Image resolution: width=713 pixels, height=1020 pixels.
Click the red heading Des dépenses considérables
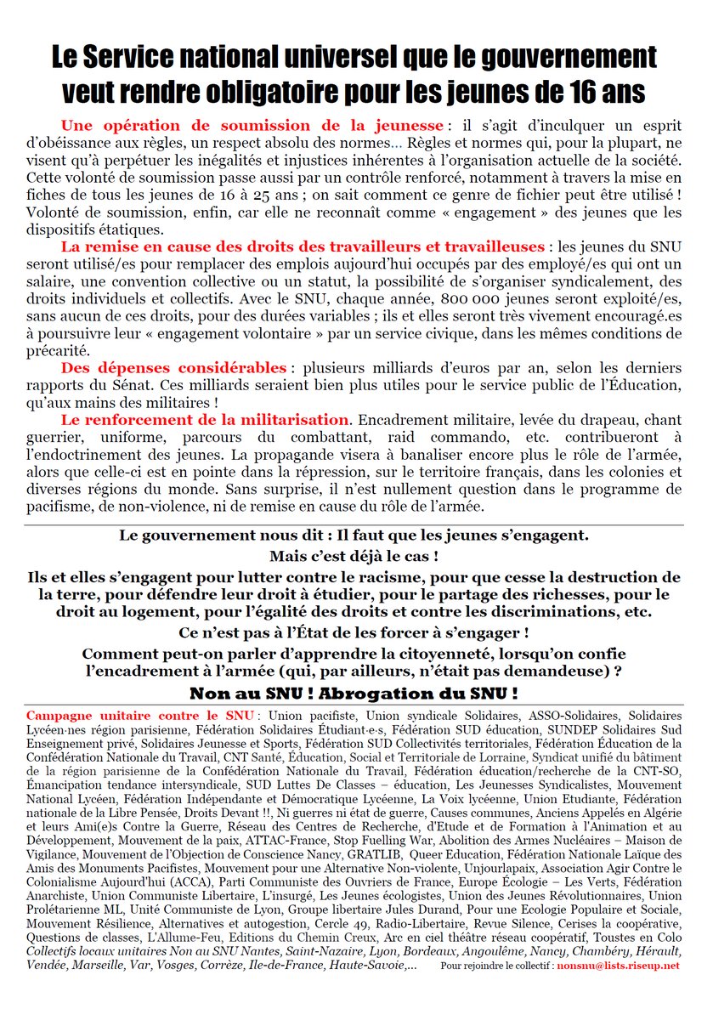(x=174, y=368)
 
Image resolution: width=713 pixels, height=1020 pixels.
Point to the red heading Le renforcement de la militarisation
(x=205, y=420)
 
